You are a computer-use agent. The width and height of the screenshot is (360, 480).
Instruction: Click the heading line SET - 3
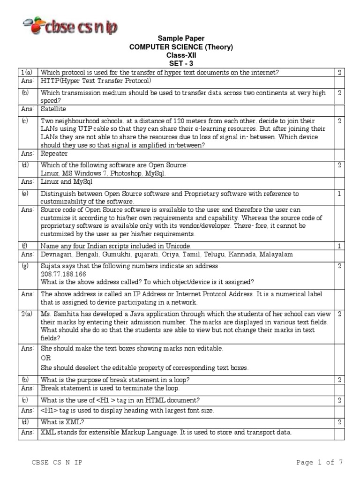point(181,63)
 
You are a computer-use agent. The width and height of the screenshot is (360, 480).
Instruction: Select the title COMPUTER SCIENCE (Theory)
point(181,47)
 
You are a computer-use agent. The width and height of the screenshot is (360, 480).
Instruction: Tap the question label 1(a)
point(26,72)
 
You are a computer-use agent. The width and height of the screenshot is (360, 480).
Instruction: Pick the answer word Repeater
point(54,153)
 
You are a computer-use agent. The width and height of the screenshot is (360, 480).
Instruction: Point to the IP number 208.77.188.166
point(63,274)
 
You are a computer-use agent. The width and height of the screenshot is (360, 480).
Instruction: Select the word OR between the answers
point(46,358)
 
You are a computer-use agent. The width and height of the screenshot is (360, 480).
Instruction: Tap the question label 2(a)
point(26,314)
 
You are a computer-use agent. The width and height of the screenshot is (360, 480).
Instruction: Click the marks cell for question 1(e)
point(339,194)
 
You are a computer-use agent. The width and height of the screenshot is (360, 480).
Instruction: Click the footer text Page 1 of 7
point(320,462)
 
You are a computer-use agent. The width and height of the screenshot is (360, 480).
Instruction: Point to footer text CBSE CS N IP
point(57,463)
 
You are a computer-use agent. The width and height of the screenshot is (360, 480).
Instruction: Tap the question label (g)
point(25,266)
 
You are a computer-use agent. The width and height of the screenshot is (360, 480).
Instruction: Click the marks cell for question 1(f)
point(339,246)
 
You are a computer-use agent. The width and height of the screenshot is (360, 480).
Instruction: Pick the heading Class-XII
point(181,55)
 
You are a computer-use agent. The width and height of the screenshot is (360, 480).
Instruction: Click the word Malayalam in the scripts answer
point(277,254)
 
